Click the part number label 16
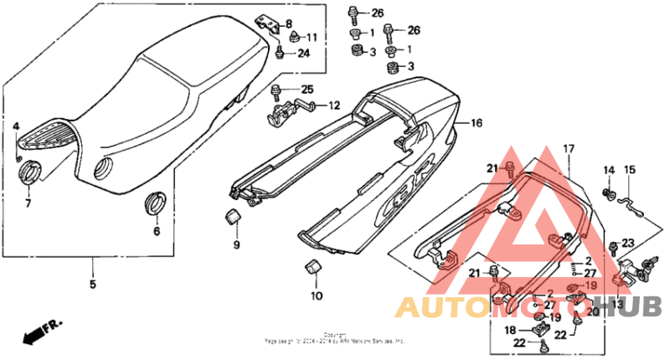point(477,123)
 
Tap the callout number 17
point(569,149)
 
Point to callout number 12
point(334,105)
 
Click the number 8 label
point(289,24)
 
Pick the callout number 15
point(631,170)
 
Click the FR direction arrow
point(34,335)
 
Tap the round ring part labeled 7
point(30,173)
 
